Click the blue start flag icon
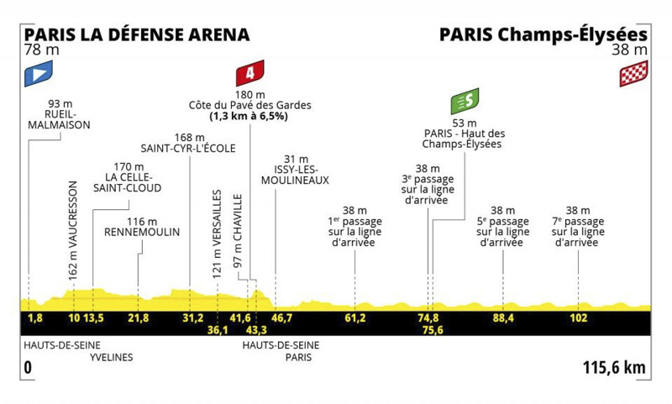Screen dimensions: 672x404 [x=39, y=74]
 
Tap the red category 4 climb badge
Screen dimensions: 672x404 [x=249, y=73]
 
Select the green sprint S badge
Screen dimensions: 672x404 [x=465, y=101]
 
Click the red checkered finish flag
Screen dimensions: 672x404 [x=634, y=74]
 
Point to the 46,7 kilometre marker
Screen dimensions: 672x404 [x=281, y=318]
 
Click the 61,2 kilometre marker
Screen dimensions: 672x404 [x=355, y=318]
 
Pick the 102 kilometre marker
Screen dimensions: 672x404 [x=579, y=318]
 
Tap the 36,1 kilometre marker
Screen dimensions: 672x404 [x=218, y=330]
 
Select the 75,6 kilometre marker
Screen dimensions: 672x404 [x=433, y=330]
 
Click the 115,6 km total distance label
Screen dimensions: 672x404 [x=614, y=368]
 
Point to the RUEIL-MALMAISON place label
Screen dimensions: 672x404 [x=59, y=119]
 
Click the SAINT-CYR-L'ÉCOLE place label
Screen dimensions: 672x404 [x=188, y=148]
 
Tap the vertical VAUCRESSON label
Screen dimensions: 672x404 [x=73, y=231]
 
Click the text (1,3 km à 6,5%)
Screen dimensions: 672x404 [x=249, y=116]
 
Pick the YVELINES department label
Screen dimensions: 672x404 [x=112, y=357]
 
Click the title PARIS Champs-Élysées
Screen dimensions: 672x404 [x=543, y=34]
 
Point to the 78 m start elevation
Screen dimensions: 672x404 [x=41, y=50]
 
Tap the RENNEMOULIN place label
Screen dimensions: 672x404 [x=142, y=232]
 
